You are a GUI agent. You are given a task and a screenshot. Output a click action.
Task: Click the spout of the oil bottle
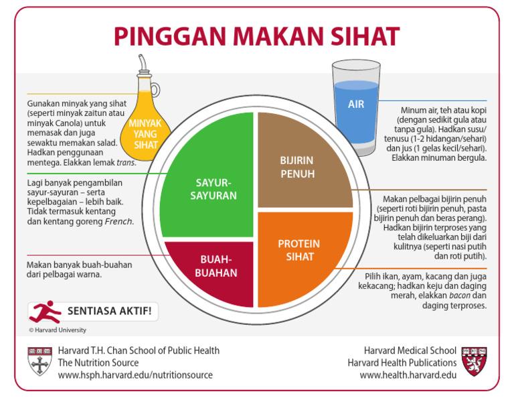click(142, 63)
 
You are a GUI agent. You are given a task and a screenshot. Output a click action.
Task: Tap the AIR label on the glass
click(356, 105)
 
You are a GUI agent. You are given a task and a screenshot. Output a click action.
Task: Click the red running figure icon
click(45, 312)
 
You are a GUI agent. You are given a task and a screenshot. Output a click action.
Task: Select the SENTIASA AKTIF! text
click(109, 312)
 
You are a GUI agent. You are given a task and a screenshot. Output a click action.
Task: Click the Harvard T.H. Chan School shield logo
click(40, 361)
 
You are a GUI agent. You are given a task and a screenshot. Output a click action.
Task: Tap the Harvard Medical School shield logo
click(475, 361)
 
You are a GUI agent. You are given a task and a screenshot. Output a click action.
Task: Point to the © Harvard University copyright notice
click(57, 330)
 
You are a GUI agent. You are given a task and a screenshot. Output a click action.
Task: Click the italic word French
click(119, 221)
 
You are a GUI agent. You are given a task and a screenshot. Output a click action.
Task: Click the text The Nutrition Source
click(98, 362)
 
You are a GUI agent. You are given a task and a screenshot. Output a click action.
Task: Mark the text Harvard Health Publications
click(402, 362)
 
